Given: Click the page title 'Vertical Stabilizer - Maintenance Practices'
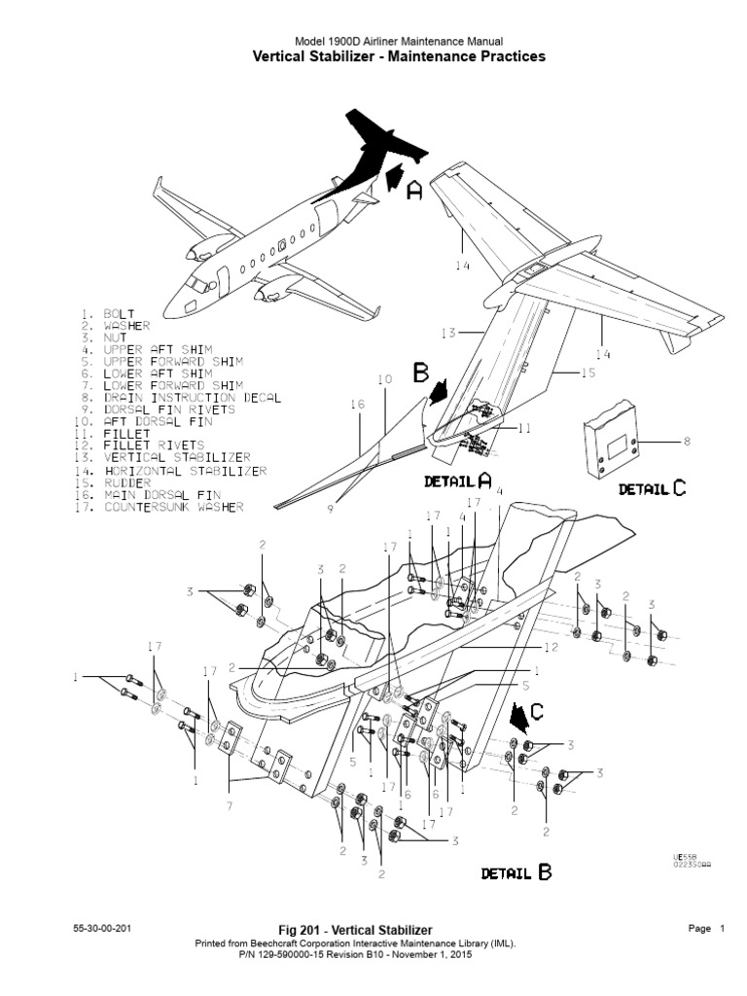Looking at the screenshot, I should click(399, 57).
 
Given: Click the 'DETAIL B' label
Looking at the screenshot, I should click(516, 872).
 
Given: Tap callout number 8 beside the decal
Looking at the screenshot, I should click(687, 442).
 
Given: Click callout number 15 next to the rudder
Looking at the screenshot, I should click(588, 373).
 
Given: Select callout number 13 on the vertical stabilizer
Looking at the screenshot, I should click(447, 334).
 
